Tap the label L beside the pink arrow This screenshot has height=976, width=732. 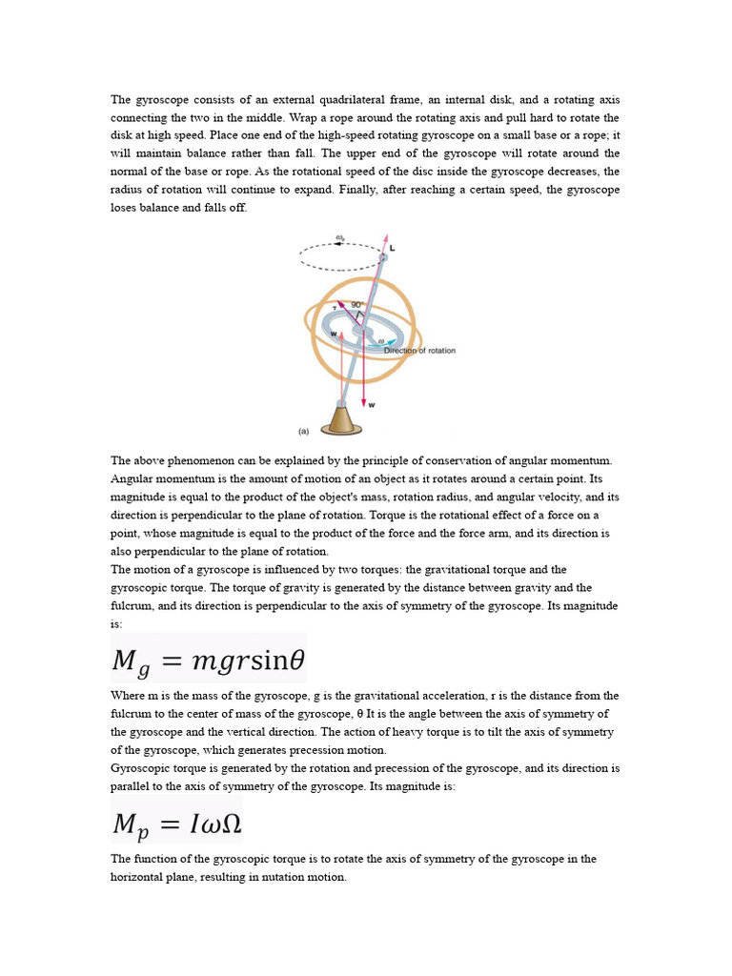[x=394, y=248]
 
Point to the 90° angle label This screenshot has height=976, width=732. [x=356, y=305]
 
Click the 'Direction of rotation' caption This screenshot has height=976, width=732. [x=419, y=351]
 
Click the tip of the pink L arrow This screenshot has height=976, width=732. [x=386, y=234]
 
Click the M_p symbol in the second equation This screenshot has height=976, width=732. [x=131, y=823]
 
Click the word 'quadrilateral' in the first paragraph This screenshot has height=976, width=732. [x=336, y=99]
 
